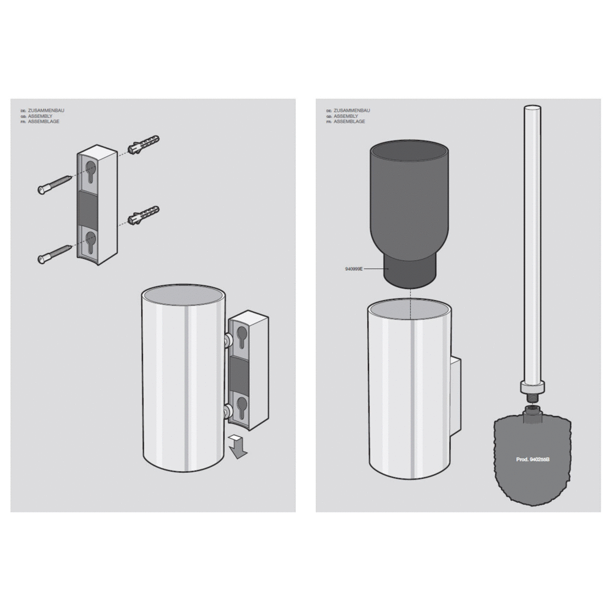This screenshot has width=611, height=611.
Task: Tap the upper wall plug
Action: [143, 144]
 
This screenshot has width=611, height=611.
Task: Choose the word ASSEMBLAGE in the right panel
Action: [349, 122]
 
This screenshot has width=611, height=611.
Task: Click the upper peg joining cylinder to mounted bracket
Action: [227, 340]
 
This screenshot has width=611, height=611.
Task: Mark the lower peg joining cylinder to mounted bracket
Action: [227, 410]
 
